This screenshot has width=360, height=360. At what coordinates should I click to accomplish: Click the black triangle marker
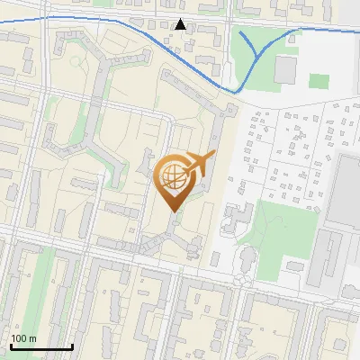click(181, 24)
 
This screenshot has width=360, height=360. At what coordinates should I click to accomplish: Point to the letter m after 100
click(33, 338)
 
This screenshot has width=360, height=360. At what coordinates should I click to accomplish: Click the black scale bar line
click(41, 346)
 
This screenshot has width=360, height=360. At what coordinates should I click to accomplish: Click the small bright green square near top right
click(318, 81)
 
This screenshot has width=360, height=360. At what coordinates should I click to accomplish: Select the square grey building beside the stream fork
click(286, 69)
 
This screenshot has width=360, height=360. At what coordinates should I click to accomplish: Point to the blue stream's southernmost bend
click(236, 91)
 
